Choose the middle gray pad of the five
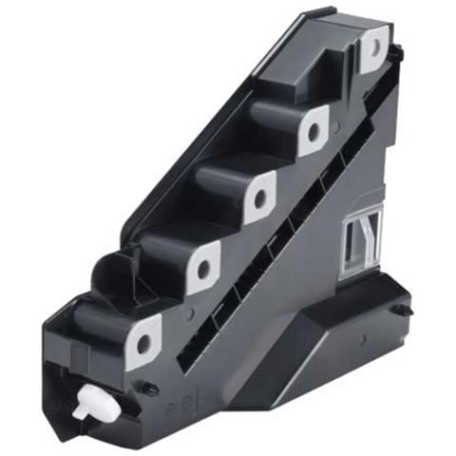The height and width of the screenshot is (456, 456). (257, 197)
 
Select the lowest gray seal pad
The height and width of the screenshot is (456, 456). (144, 339)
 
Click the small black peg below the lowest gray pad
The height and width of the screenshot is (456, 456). (150, 389)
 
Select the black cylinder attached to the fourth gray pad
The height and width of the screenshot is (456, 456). (161, 253)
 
